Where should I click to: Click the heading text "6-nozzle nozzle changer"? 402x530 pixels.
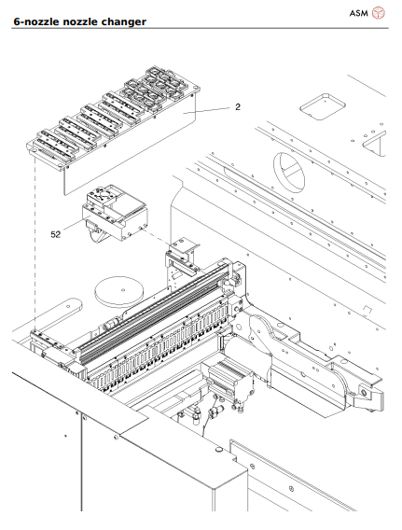click(x=79, y=21)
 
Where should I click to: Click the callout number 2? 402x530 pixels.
click(x=238, y=107)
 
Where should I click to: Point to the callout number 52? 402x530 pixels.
click(x=56, y=234)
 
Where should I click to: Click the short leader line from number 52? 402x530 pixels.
click(x=73, y=230)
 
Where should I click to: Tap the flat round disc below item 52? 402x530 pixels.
click(x=120, y=291)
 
